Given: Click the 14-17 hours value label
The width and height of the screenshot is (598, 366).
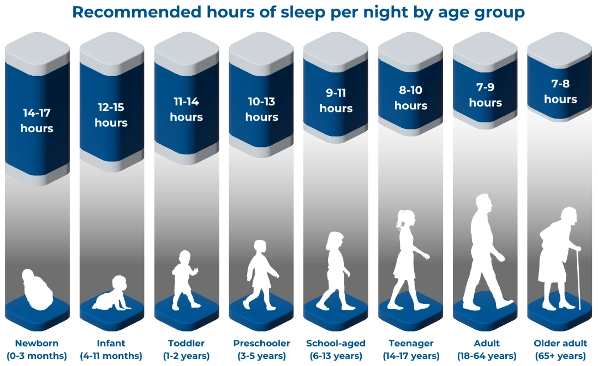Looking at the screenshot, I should point(37,121).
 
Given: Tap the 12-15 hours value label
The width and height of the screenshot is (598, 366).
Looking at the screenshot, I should point(111,115).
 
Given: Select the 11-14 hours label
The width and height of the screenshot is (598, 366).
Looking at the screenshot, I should point(186,109).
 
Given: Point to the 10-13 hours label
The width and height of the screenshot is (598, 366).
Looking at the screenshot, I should point(261,109).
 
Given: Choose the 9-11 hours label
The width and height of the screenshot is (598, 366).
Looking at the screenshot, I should point(336,101).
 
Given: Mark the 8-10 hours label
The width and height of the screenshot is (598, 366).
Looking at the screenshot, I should point(410,98).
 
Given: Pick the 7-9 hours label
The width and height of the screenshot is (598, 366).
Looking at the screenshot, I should point(485,95).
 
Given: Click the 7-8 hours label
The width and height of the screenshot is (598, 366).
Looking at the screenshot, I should point(560,92).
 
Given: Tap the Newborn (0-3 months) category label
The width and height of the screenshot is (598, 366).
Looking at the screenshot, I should point(37,350).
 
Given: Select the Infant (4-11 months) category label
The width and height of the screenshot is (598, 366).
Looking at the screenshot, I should point(111,350).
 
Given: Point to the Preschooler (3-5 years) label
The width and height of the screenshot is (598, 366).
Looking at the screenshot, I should point(261,350).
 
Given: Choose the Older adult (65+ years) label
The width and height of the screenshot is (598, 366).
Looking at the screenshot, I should point(560,350).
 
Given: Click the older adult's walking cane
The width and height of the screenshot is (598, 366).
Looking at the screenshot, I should point(577,279).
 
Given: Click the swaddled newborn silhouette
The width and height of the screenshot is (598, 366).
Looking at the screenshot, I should point(37,290).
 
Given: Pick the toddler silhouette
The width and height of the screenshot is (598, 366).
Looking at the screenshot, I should point(184,279).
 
